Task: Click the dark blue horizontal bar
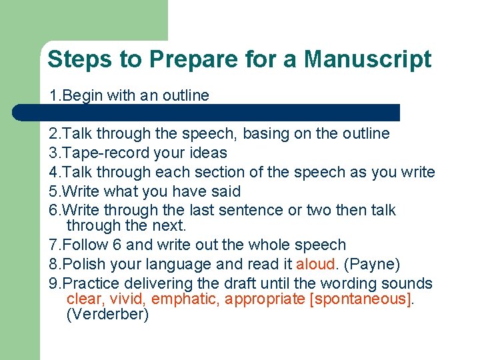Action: pos(207,112)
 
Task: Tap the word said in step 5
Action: pos(225,191)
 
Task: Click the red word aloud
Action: pos(316,265)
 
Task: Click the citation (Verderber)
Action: pos(107,315)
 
